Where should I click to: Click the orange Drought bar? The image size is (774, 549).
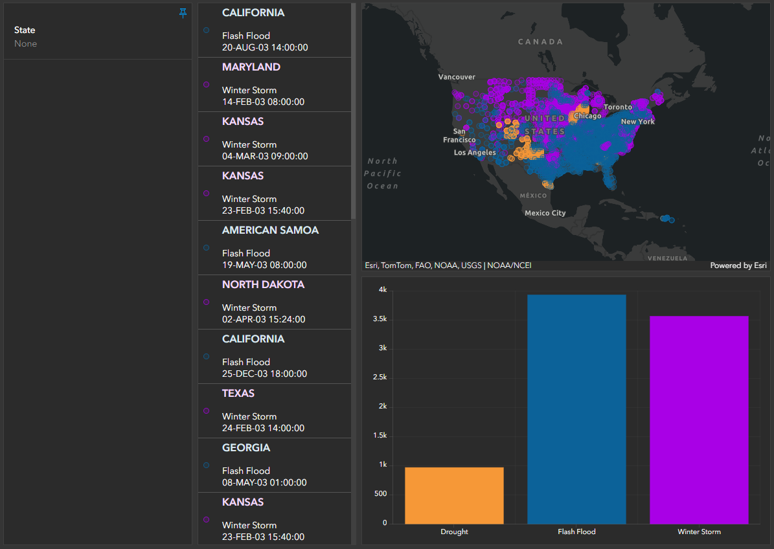pos(454,495)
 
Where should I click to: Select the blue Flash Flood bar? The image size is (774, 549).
pos(576,409)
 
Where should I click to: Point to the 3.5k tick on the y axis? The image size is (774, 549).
pos(380,319)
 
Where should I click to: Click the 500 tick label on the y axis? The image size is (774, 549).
pos(380,494)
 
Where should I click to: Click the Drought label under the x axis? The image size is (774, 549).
pos(454,532)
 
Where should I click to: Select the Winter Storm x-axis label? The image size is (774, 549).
pos(699,532)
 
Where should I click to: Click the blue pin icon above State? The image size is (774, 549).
pos(183,13)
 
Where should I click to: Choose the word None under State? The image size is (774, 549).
pos(26,44)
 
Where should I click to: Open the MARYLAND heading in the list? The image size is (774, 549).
pos(251,67)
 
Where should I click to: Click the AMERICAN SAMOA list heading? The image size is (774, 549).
pos(270,230)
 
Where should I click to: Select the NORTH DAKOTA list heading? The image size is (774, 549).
pos(263,285)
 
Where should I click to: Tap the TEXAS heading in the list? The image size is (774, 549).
pos(238,394)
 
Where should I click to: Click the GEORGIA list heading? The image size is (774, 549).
pos(246,448)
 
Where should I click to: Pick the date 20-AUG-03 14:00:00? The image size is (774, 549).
pos(265,47)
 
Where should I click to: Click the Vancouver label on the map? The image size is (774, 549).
pos(457,77)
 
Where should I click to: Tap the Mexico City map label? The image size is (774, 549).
pos(545,213)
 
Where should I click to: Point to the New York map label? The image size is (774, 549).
pos(637,122)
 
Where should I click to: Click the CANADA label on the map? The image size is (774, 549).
pos(541,42)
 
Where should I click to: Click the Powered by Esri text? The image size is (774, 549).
pos(738,265)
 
